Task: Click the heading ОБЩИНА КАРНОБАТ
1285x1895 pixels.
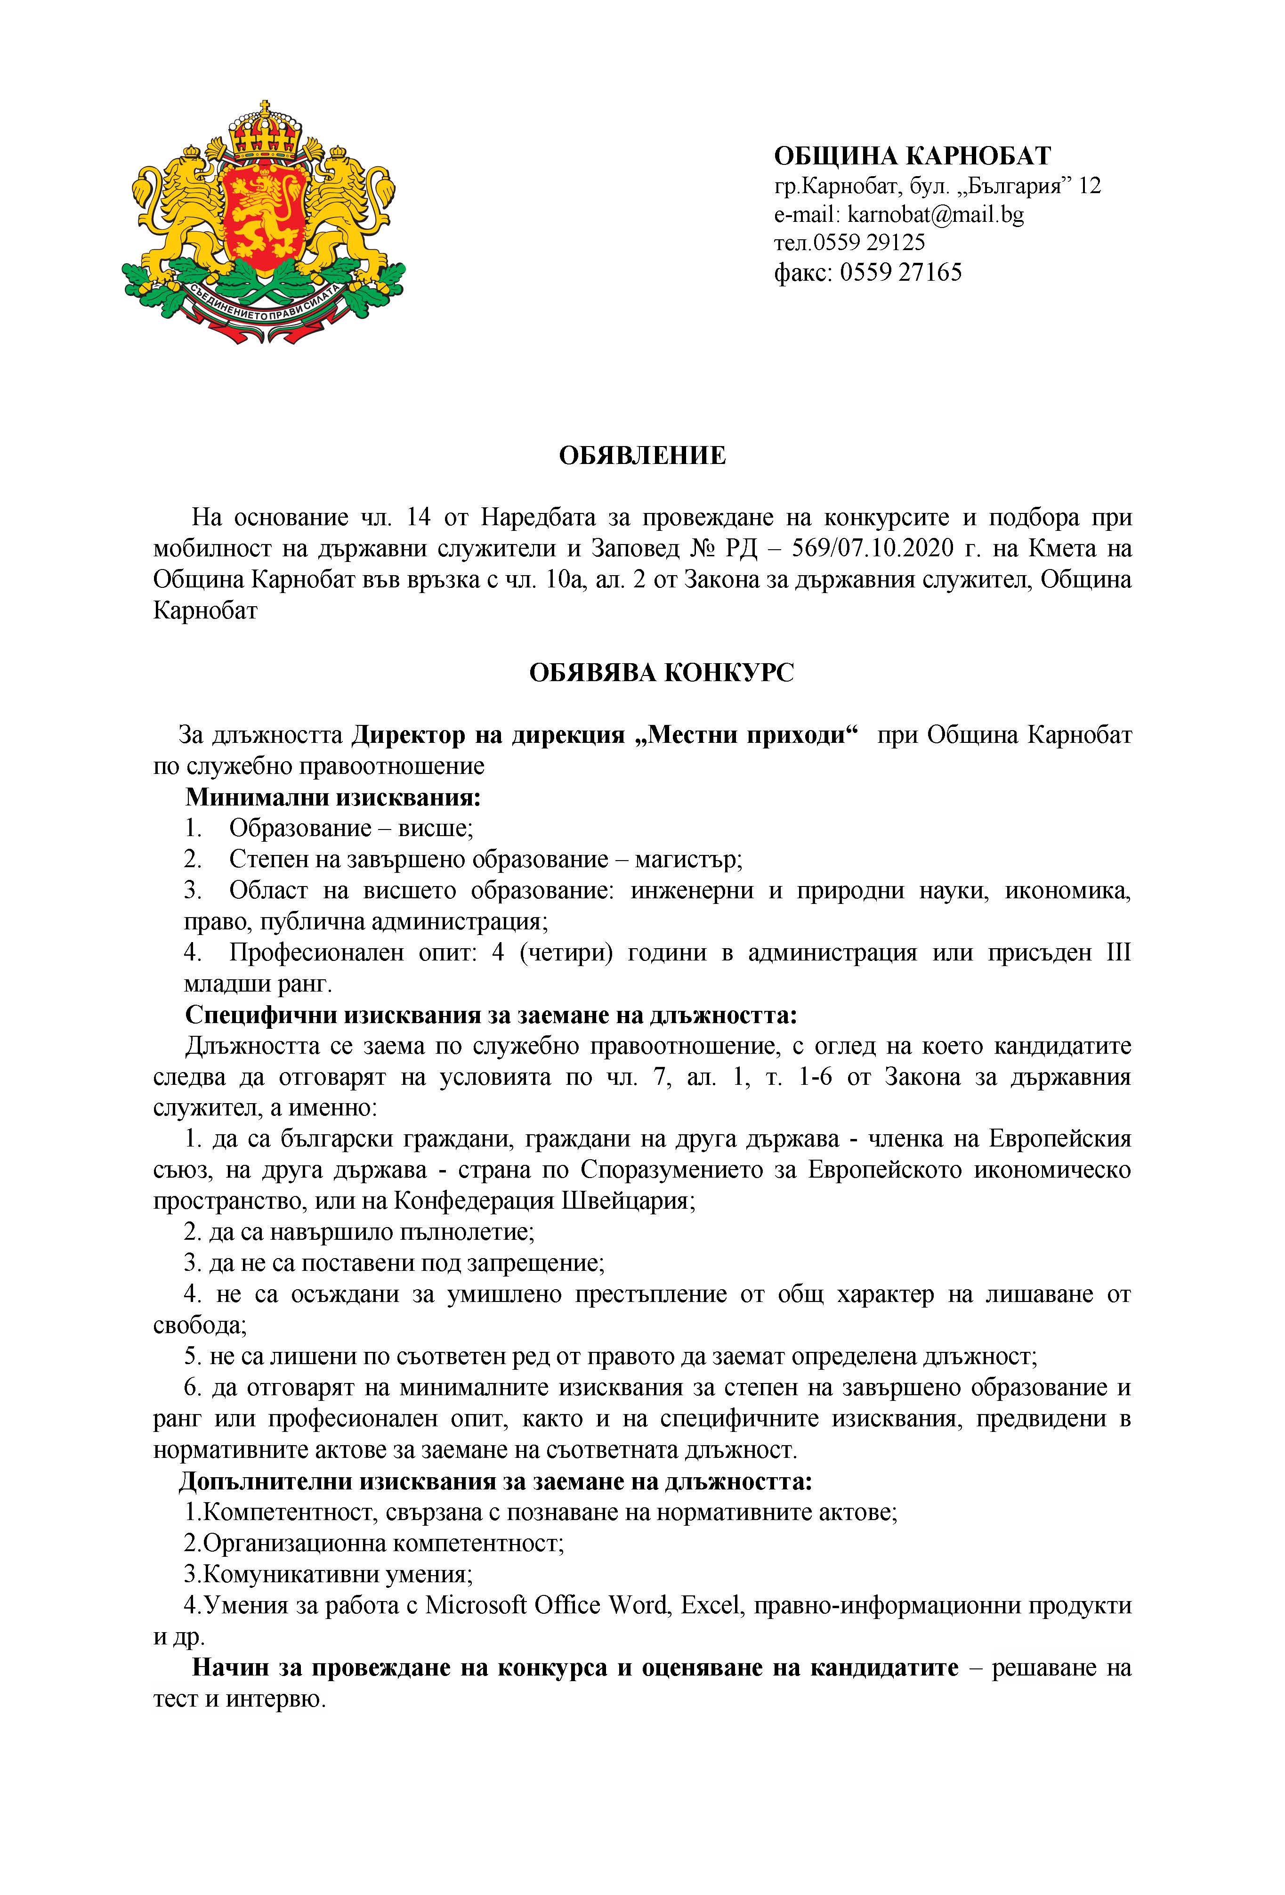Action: tap(912, 156)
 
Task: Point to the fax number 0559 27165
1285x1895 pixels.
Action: tap(900, 271)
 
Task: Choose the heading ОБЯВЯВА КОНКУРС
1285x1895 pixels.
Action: tap(661, 673)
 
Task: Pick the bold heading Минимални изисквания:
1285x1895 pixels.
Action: tap(332, 797)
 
